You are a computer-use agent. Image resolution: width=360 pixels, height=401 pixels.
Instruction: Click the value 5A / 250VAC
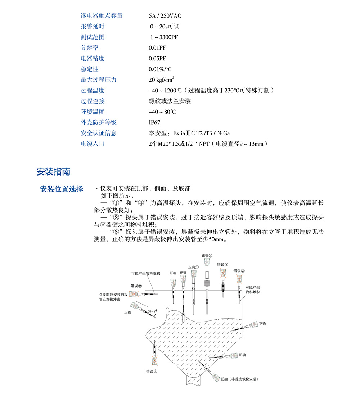tap(165, 16)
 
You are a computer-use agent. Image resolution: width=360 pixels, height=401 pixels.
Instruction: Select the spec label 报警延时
tap(93, 26)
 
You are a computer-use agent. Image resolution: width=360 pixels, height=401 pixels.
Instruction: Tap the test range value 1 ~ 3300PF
tap(164, 37)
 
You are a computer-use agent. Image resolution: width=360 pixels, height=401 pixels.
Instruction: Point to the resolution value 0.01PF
tap(157, 48)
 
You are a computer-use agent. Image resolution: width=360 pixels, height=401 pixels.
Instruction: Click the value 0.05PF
tap(157, 58)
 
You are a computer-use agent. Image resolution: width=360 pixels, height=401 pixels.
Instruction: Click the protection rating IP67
tap(155, 122)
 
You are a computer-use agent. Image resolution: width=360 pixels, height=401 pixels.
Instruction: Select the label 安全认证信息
tap(98, 133)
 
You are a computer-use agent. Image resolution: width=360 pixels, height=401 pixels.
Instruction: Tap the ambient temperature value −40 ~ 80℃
tap(163, 112)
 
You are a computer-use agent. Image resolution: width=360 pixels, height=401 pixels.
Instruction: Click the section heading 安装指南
tap(53, 172)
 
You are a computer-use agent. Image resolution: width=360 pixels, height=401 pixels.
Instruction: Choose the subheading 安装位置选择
tap(62, 189)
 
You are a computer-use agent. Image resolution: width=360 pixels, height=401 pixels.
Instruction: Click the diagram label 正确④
tap(207, 255)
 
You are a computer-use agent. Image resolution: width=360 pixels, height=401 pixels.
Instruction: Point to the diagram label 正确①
tap(193, 267)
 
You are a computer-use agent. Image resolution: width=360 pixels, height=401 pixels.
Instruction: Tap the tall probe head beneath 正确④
tap(207, 263)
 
